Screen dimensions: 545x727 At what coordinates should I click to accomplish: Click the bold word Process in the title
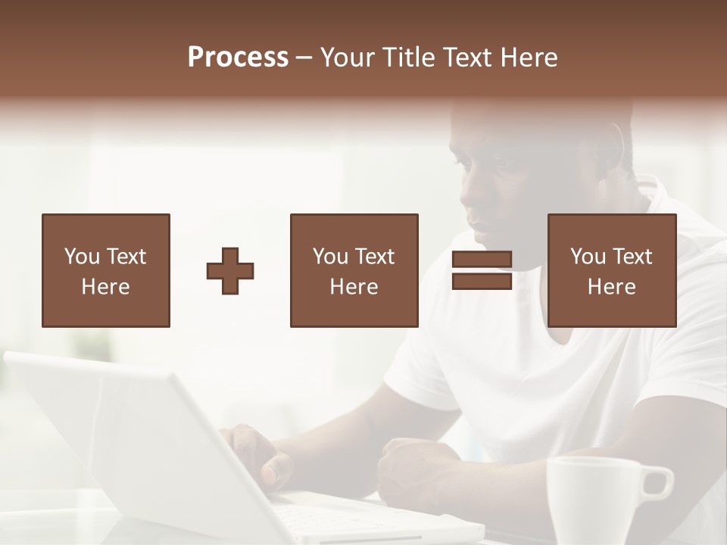click(238, 58)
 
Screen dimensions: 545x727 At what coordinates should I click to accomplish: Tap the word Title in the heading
click(408, 58)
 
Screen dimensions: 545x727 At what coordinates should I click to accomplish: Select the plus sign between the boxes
click(230, 271)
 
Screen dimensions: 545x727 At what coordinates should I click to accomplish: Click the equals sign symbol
click(482, 270)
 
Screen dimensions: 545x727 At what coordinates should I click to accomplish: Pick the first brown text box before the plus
click(106, 270)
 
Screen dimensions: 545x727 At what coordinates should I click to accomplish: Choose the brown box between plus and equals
click(354, 270)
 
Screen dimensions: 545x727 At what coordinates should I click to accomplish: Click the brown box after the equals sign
click(612, 270)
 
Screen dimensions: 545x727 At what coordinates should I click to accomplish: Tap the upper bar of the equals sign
click(482, 260)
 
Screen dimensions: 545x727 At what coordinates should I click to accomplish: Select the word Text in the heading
click(469, 58)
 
